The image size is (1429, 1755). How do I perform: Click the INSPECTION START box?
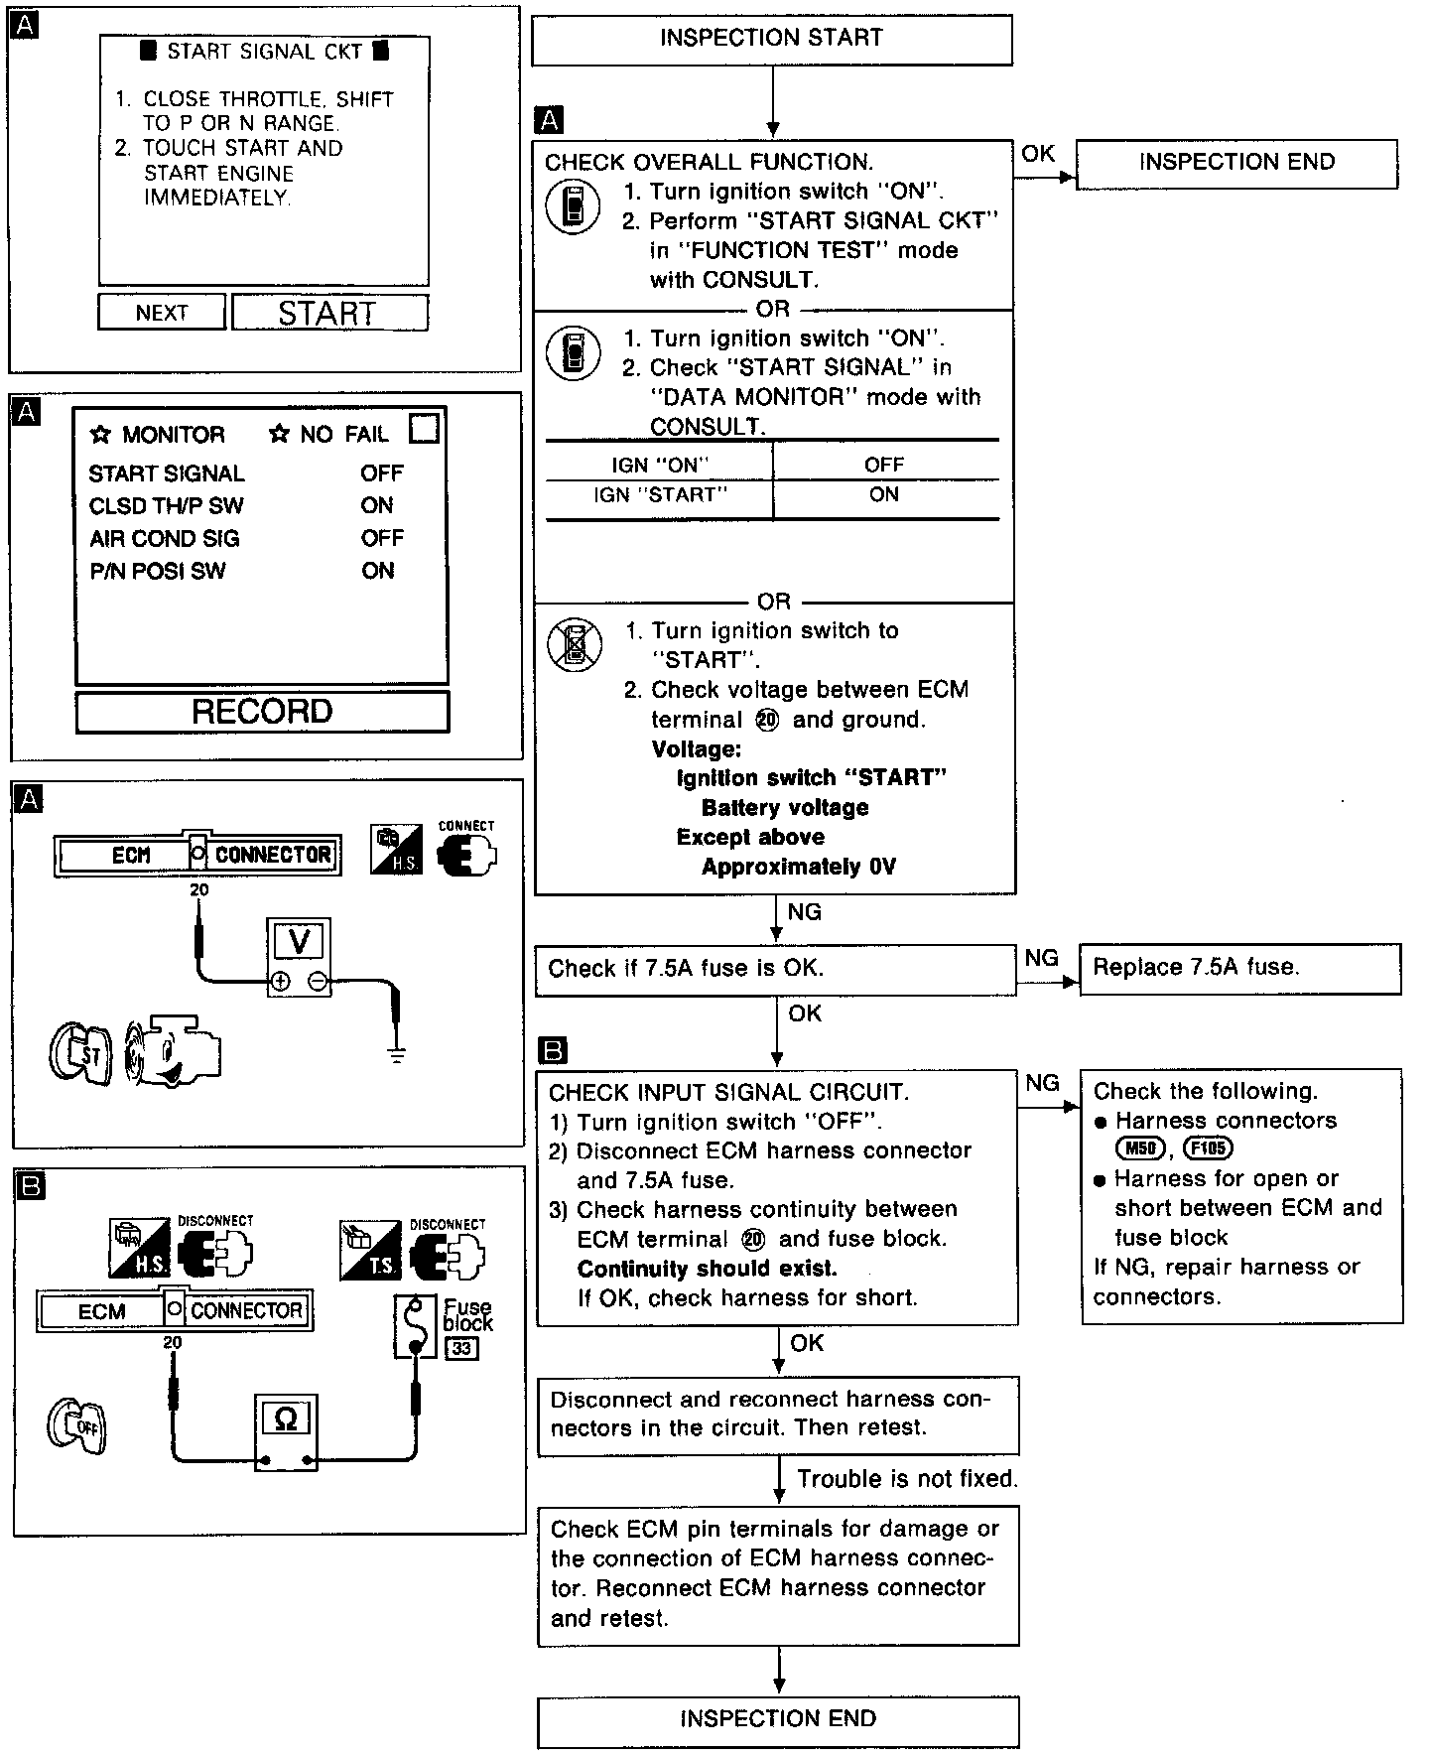pyautogui.click(x=771, y=40)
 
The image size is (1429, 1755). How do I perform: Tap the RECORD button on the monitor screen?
pyautogui.click(x=262, y=712)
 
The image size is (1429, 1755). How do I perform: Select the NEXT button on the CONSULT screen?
pyautogui.click(x=162, y=313)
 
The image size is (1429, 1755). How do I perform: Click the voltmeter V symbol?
pyautogui.click(x=298, y=939)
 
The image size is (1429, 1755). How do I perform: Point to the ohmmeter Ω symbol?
pyautogui.click(x=285, y=1420)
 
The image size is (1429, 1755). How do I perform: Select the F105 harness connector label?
pyautogui.click(x=1208, y=1149)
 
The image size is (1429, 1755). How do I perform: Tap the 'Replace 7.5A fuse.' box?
pyautogui.click(x=1239, y=968)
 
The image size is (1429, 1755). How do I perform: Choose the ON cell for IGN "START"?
pyautogui.click(x=883, y=495)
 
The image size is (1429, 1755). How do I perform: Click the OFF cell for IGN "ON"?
pyautogui.click(x=883, y=465)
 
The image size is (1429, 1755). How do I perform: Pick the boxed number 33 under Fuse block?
pyautogui.click(x=461, y=1349)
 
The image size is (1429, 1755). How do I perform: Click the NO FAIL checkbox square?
pyautogui.click(x=424, y=429)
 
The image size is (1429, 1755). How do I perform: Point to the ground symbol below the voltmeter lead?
pyautogui.click(x=397, y=1053)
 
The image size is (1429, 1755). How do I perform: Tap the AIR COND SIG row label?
pyautogui.click(x=165, y=539)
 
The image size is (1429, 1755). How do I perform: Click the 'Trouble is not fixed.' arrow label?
pyautogui.click(x=907, y=1479)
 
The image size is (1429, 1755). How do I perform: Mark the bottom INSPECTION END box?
pyautogui.click(x=778, y=1720)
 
